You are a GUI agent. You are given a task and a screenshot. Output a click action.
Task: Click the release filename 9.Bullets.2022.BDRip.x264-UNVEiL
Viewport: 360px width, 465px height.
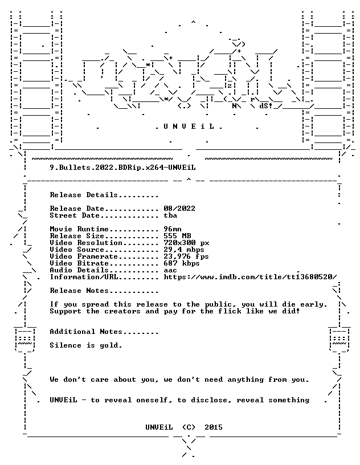[123, 168]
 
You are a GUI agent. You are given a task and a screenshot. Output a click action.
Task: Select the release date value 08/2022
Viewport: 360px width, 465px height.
[179, 209]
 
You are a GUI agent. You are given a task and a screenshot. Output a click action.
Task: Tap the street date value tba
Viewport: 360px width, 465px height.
[170, 215]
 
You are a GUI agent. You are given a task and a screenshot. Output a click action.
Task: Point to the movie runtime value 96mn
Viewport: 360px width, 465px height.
[173, 229]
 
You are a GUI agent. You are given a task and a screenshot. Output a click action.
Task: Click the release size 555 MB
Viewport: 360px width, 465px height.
[177, 236]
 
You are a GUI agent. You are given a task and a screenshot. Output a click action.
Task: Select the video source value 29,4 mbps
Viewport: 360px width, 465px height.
[184, 250]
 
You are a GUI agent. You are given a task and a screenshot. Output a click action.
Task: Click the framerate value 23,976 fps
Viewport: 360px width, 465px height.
[186, 256]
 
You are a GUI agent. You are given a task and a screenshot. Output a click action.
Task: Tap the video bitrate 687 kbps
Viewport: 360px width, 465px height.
[182, 263]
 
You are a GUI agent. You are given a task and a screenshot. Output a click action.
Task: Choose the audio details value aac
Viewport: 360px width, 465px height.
[170, 270]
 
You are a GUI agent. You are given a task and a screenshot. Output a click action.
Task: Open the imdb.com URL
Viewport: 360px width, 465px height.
[250, 277]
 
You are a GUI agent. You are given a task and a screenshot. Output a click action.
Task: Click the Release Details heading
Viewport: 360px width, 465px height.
[104, 195]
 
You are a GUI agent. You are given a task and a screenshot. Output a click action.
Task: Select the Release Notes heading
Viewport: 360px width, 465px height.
[104, 291]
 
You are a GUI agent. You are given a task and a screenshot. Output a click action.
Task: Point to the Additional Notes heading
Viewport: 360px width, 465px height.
[104, 332]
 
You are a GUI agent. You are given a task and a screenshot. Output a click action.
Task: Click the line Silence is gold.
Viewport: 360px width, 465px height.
[86, 345]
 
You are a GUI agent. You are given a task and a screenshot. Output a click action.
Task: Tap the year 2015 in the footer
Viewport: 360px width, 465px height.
[214, 427]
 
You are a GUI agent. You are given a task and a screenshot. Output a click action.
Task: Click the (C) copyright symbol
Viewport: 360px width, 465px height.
[189, 427]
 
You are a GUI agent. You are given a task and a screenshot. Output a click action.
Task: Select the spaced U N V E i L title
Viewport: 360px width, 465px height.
[189, 127]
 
